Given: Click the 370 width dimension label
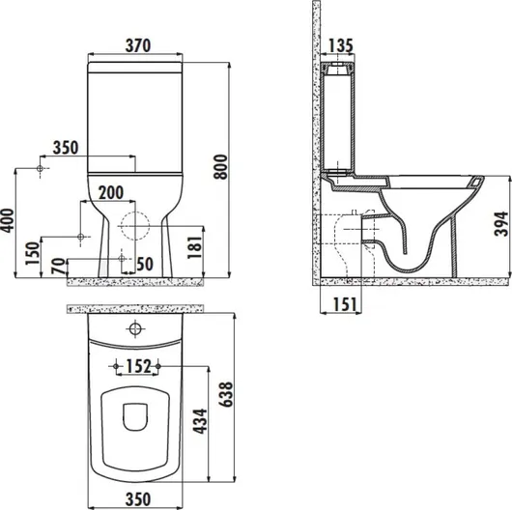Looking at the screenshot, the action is [x=138, y=45].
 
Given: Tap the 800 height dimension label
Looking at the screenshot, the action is [x=220, y=167].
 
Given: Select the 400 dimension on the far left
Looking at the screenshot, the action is [x=8, y=221].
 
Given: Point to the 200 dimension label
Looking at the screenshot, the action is [x=111, y=192].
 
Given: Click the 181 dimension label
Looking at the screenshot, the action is [x=195, y=247].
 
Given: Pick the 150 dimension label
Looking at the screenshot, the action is [x=32, y=254].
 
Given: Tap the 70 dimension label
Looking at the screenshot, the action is [x=59, y=266].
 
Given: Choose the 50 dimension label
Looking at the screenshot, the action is [x=145, y=264].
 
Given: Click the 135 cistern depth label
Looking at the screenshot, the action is [x=340, y=45].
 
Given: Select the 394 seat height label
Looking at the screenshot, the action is [x=501, y=224].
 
